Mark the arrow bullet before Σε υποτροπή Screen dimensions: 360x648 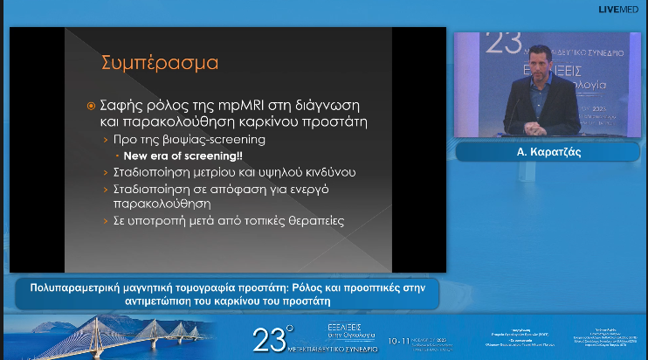point(107,220)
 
